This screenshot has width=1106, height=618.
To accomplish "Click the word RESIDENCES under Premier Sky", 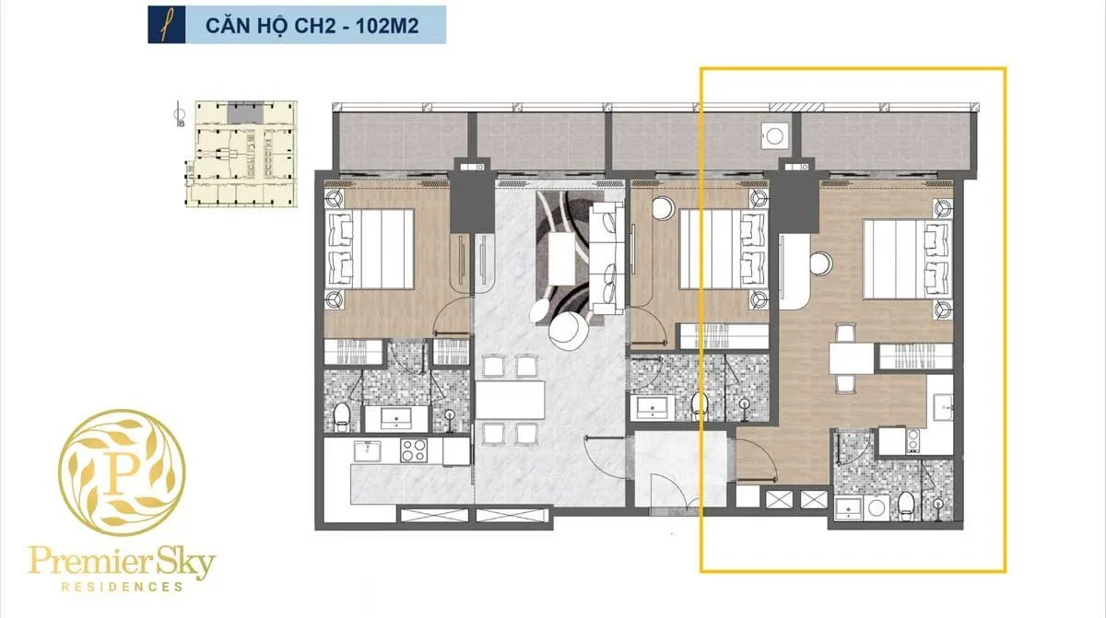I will coord(122,587).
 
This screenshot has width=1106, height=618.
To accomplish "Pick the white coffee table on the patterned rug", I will coord(562,258).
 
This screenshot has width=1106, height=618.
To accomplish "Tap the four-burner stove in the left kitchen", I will coord(413,450).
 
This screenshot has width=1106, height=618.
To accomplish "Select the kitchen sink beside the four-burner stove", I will coord(370,450).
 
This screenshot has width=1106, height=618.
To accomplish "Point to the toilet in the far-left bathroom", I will coord(342,415).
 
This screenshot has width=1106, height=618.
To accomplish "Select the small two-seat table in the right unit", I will coord(845,356).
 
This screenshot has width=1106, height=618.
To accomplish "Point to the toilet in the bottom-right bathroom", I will coord(906,504).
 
